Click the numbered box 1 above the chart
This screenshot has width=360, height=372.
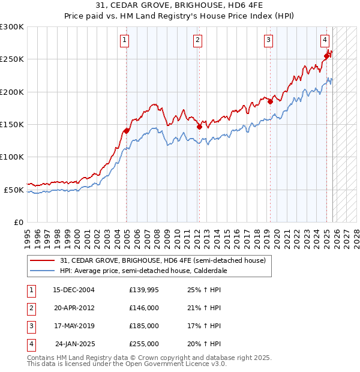tap(124, 40)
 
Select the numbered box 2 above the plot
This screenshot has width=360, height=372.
tap(197, 40)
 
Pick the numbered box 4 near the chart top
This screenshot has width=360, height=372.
tap(324, 40)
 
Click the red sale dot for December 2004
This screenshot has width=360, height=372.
tap(127, 131)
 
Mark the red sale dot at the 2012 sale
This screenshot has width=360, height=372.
tap(199, 127)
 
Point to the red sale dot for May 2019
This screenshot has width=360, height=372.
tap(270, 101)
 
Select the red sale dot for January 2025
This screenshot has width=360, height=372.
tap(327, 56)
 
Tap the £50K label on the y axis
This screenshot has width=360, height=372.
tap(14, 190)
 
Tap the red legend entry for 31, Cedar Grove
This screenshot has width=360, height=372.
tap(163, 260)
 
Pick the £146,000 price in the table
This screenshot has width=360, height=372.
tap(143, 308)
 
